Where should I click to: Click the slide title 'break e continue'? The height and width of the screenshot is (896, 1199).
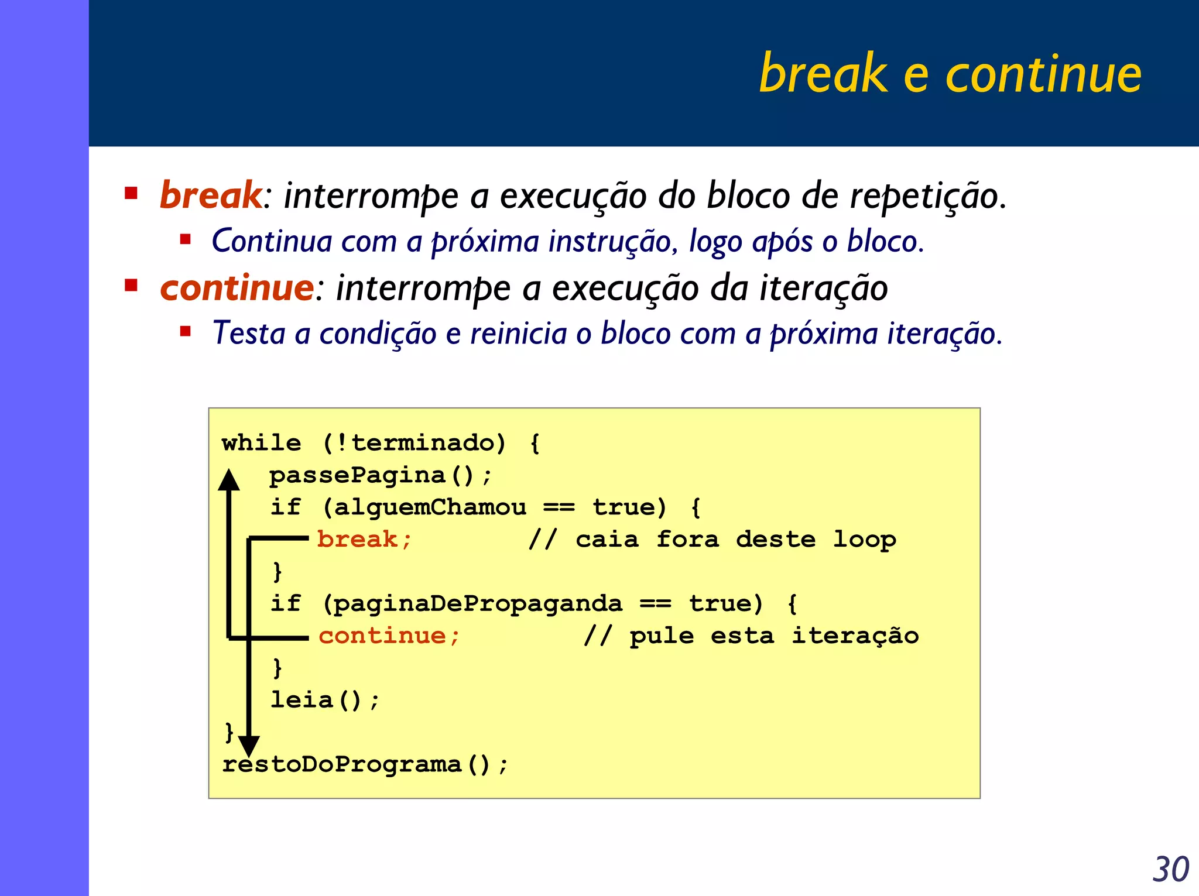click(x=950, y=74)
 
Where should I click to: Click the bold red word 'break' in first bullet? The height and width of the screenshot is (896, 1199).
click(x=211, y=195)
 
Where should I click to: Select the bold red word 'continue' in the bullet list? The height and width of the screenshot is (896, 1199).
click(x=237, y=288)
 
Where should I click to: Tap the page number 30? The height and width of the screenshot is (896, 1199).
click(x=1170, y=869)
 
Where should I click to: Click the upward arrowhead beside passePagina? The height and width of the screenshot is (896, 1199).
click(x=229, y=480)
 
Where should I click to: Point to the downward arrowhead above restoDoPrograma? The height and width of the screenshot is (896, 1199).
click(x=249, y=745)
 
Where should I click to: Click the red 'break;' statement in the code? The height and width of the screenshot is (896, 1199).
click(x=364, y=539)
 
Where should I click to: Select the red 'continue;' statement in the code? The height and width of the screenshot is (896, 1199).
click(x=389, y=636)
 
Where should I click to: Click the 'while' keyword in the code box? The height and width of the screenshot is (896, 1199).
click(x=261, y=443)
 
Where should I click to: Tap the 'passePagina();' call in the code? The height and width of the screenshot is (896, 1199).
click(x=380, y=475)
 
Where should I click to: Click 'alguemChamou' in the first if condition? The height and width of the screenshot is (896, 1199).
click(x=430, y=507)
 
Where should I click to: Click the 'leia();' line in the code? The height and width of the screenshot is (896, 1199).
click(x=325, y=700)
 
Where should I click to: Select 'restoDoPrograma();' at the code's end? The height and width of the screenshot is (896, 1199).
click(x=365, y=764)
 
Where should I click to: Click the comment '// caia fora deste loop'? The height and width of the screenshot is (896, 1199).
click(x=711, y=539)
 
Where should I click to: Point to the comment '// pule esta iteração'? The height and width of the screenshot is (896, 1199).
click(x=751, y=636)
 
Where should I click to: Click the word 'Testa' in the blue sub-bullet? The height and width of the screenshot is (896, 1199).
click(x=248, y=334)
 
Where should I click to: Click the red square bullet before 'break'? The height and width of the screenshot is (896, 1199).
click(x=131, y=193)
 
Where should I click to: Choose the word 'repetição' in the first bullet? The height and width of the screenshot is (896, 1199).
click(x=927, y=195)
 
